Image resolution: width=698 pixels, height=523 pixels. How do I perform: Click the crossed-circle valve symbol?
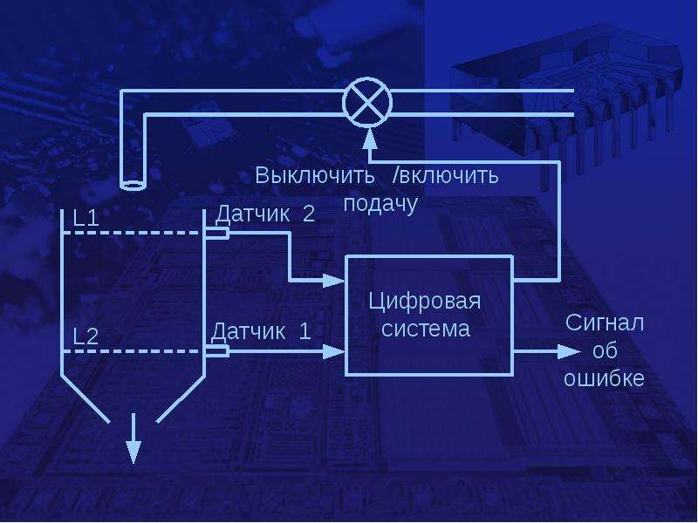point(367,102)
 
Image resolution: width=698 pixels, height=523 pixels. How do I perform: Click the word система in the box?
point(426,329)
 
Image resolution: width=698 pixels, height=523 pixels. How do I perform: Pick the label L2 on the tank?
point(86,336)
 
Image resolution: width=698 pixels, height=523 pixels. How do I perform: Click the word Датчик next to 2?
point(252,214)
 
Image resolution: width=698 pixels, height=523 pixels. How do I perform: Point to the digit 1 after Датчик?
point(305,331)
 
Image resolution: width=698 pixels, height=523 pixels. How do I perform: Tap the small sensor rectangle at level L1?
point(217,233)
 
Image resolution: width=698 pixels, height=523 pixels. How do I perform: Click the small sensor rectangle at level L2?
point(217,351)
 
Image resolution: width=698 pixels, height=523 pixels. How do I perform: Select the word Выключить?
point(315,175)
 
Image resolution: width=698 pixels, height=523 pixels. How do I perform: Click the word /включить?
point(446,175)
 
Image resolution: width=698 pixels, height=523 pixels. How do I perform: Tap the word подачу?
point(380,204)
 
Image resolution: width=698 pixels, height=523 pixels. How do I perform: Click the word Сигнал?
point(605,323)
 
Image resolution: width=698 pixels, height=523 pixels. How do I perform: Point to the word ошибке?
point(604,378)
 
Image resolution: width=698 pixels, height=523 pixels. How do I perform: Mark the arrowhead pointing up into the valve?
point(369,138)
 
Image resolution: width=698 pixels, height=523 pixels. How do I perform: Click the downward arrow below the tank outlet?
point(133,438)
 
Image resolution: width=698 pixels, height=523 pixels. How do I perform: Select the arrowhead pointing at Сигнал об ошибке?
point(569,352)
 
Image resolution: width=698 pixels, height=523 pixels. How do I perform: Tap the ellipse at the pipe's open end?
point(133,185)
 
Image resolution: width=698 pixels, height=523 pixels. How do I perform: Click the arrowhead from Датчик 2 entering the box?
point(333,280)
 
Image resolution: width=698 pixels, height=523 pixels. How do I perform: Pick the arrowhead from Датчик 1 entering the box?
point(333,351)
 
